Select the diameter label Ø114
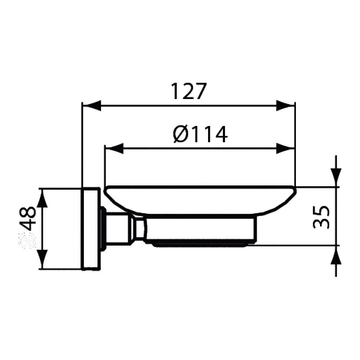point(200,134)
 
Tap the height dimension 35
point(321,217)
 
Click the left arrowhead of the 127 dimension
point(91,105)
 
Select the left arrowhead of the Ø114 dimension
point(113,148)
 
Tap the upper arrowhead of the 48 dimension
point(42,198)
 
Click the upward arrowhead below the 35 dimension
point(336,256)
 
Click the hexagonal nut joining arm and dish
point(139,229)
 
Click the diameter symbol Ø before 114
point(180,134)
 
